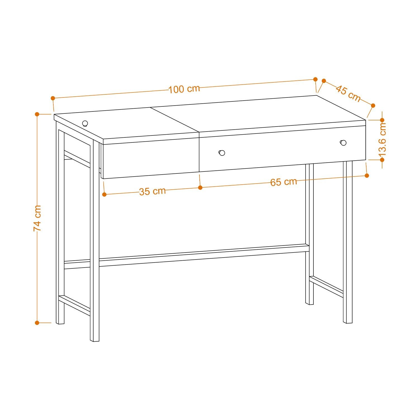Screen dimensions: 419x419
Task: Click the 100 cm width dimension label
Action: [x=184, y=89]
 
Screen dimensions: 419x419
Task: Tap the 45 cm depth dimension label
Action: [x=348, y=93]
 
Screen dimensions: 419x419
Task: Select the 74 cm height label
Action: [x=37, y=218]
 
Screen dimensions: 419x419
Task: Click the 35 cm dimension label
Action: [x=152, y=191]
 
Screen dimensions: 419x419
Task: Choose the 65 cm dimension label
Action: [x=283, y=182]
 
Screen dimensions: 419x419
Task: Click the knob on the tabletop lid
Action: [x=85, y=123]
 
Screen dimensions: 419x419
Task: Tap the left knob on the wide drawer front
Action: [x=222, y=153]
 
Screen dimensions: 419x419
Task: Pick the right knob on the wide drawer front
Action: [x=343, y=143]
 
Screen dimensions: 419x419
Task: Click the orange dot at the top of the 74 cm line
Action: [x=37, y=114]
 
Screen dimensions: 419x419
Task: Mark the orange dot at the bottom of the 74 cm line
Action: [x=37, y=323]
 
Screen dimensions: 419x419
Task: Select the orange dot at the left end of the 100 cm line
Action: [x=53, y=98]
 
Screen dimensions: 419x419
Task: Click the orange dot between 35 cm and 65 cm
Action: [x=200, y=187]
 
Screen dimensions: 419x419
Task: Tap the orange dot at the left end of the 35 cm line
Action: [x=104, y=194]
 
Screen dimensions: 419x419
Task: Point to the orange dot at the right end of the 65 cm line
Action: [x=367, y=175]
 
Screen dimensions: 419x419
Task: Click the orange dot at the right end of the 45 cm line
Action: [x=373, y=105]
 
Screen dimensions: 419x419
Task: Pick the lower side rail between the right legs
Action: [x=326, y=287]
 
